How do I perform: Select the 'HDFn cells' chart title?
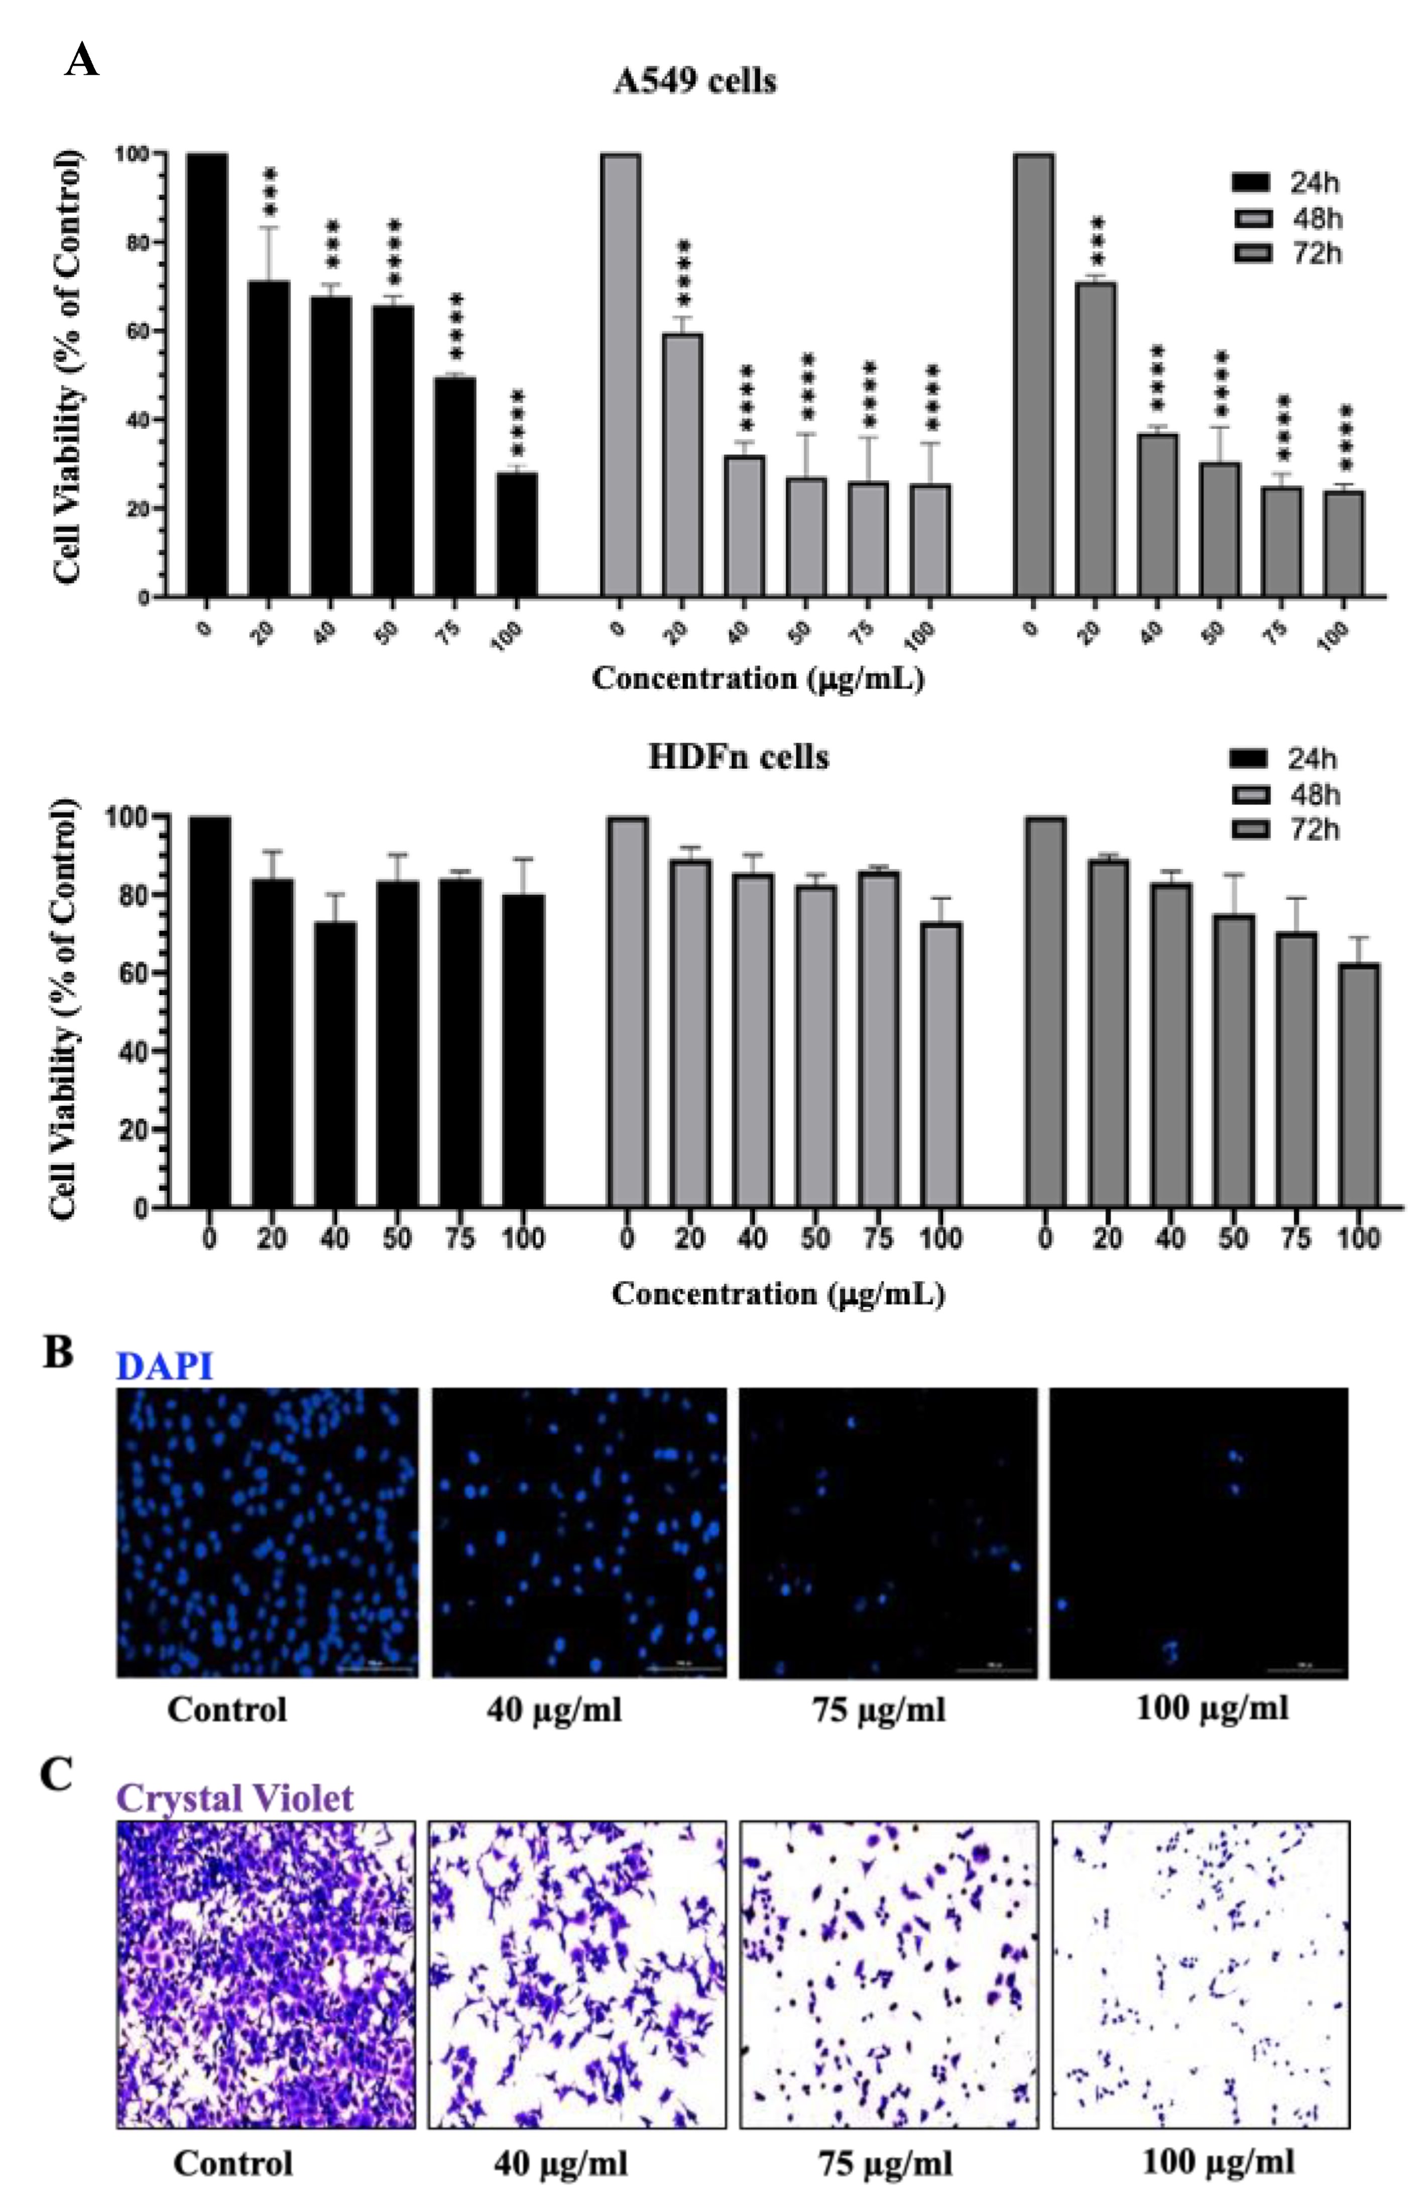pos(738,757)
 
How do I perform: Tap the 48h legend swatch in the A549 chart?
pos(1252,218)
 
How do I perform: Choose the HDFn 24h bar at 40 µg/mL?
pos(335,1063)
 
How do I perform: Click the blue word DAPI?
pos(164,1366)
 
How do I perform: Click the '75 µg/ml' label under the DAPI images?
pos(878,1709)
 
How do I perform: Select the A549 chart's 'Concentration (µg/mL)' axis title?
pos(758,679)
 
